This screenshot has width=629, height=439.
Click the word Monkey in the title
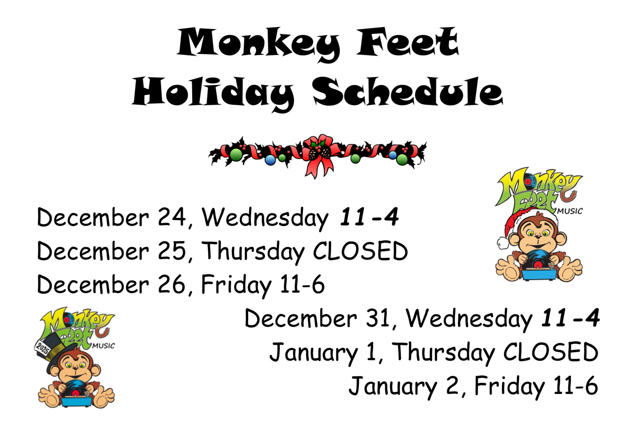pyautogui.click(x=258, y=44)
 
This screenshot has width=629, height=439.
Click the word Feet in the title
pyautogui.click(x=408, y=42)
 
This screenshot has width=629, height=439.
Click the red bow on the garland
pyautogui.click(x=320, y=155)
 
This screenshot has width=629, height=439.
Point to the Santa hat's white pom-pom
pyautogui.click(x=503, y=243)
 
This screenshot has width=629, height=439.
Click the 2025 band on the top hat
pyautogui.click(x=43, y=348)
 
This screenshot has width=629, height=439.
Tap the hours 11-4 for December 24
pyautogui.click(x=369, y=217)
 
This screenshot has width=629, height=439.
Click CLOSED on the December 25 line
pyautogui.click(x=360, y=251)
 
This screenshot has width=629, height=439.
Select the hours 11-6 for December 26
pyautogui.click(x=302, y=284)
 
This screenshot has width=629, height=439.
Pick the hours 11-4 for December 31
pyautogui.click(x=570, y=318)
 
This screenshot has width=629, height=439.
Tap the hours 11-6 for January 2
pyautogui.click(x=575, y=385)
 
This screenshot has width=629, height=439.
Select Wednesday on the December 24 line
pyautogui.click(x=265, y=219)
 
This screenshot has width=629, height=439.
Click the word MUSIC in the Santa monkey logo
pyautogui.click(x=570, y=211)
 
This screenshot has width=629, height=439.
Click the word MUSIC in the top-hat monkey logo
pyautogui.click(x=103, y=346)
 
